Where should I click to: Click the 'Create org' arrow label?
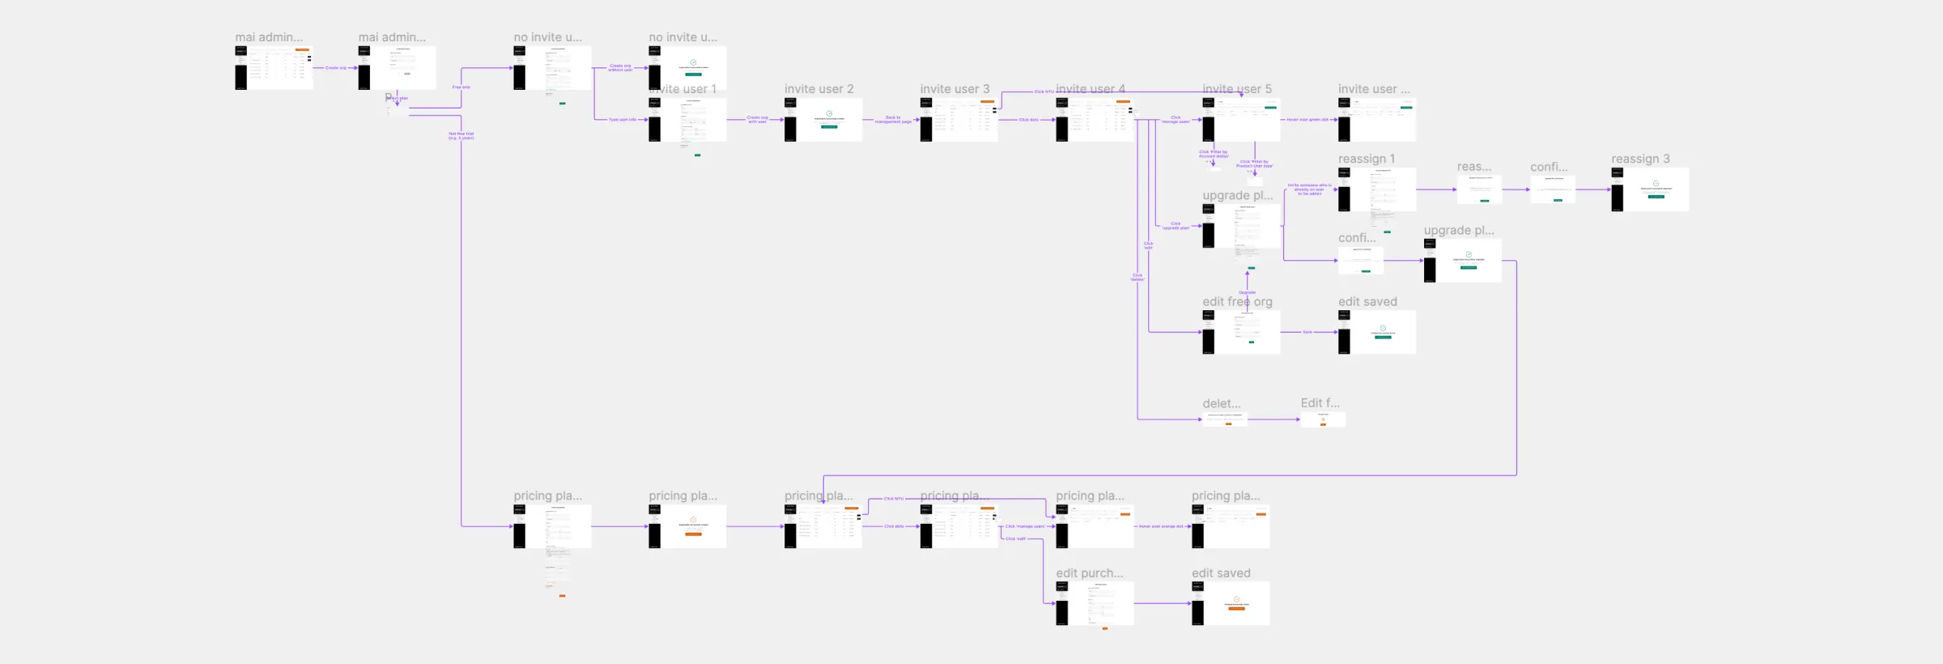tap(336, 68)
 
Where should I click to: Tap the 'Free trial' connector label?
tap(461, 87)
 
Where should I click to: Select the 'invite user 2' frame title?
tap(818, 89)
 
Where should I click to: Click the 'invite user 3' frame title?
tap(954, 89)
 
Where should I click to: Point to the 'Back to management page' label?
tap(892, 120)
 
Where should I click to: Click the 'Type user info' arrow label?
tap(623, 120)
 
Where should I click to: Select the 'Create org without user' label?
tap(621, 68)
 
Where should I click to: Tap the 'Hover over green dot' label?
tap(1307, 120)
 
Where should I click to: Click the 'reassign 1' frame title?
tap(1366, 159)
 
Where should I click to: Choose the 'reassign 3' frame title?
tap(1639, 159)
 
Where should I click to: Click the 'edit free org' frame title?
tap(1236, 301)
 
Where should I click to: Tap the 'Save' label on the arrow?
tap(1307, 332)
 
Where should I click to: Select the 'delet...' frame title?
tap(1221, 403)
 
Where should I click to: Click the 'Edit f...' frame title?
tap(1320, 402)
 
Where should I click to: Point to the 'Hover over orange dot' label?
tap(1162, 526)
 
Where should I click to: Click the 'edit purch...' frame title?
tap(1089, 573)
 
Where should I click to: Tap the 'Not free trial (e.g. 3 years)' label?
tap(461, 136)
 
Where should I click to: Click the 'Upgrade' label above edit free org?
tap(1247, 292)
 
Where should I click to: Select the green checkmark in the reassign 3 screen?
tap(1656, 183)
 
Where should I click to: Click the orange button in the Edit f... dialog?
tap(1323, 424)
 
